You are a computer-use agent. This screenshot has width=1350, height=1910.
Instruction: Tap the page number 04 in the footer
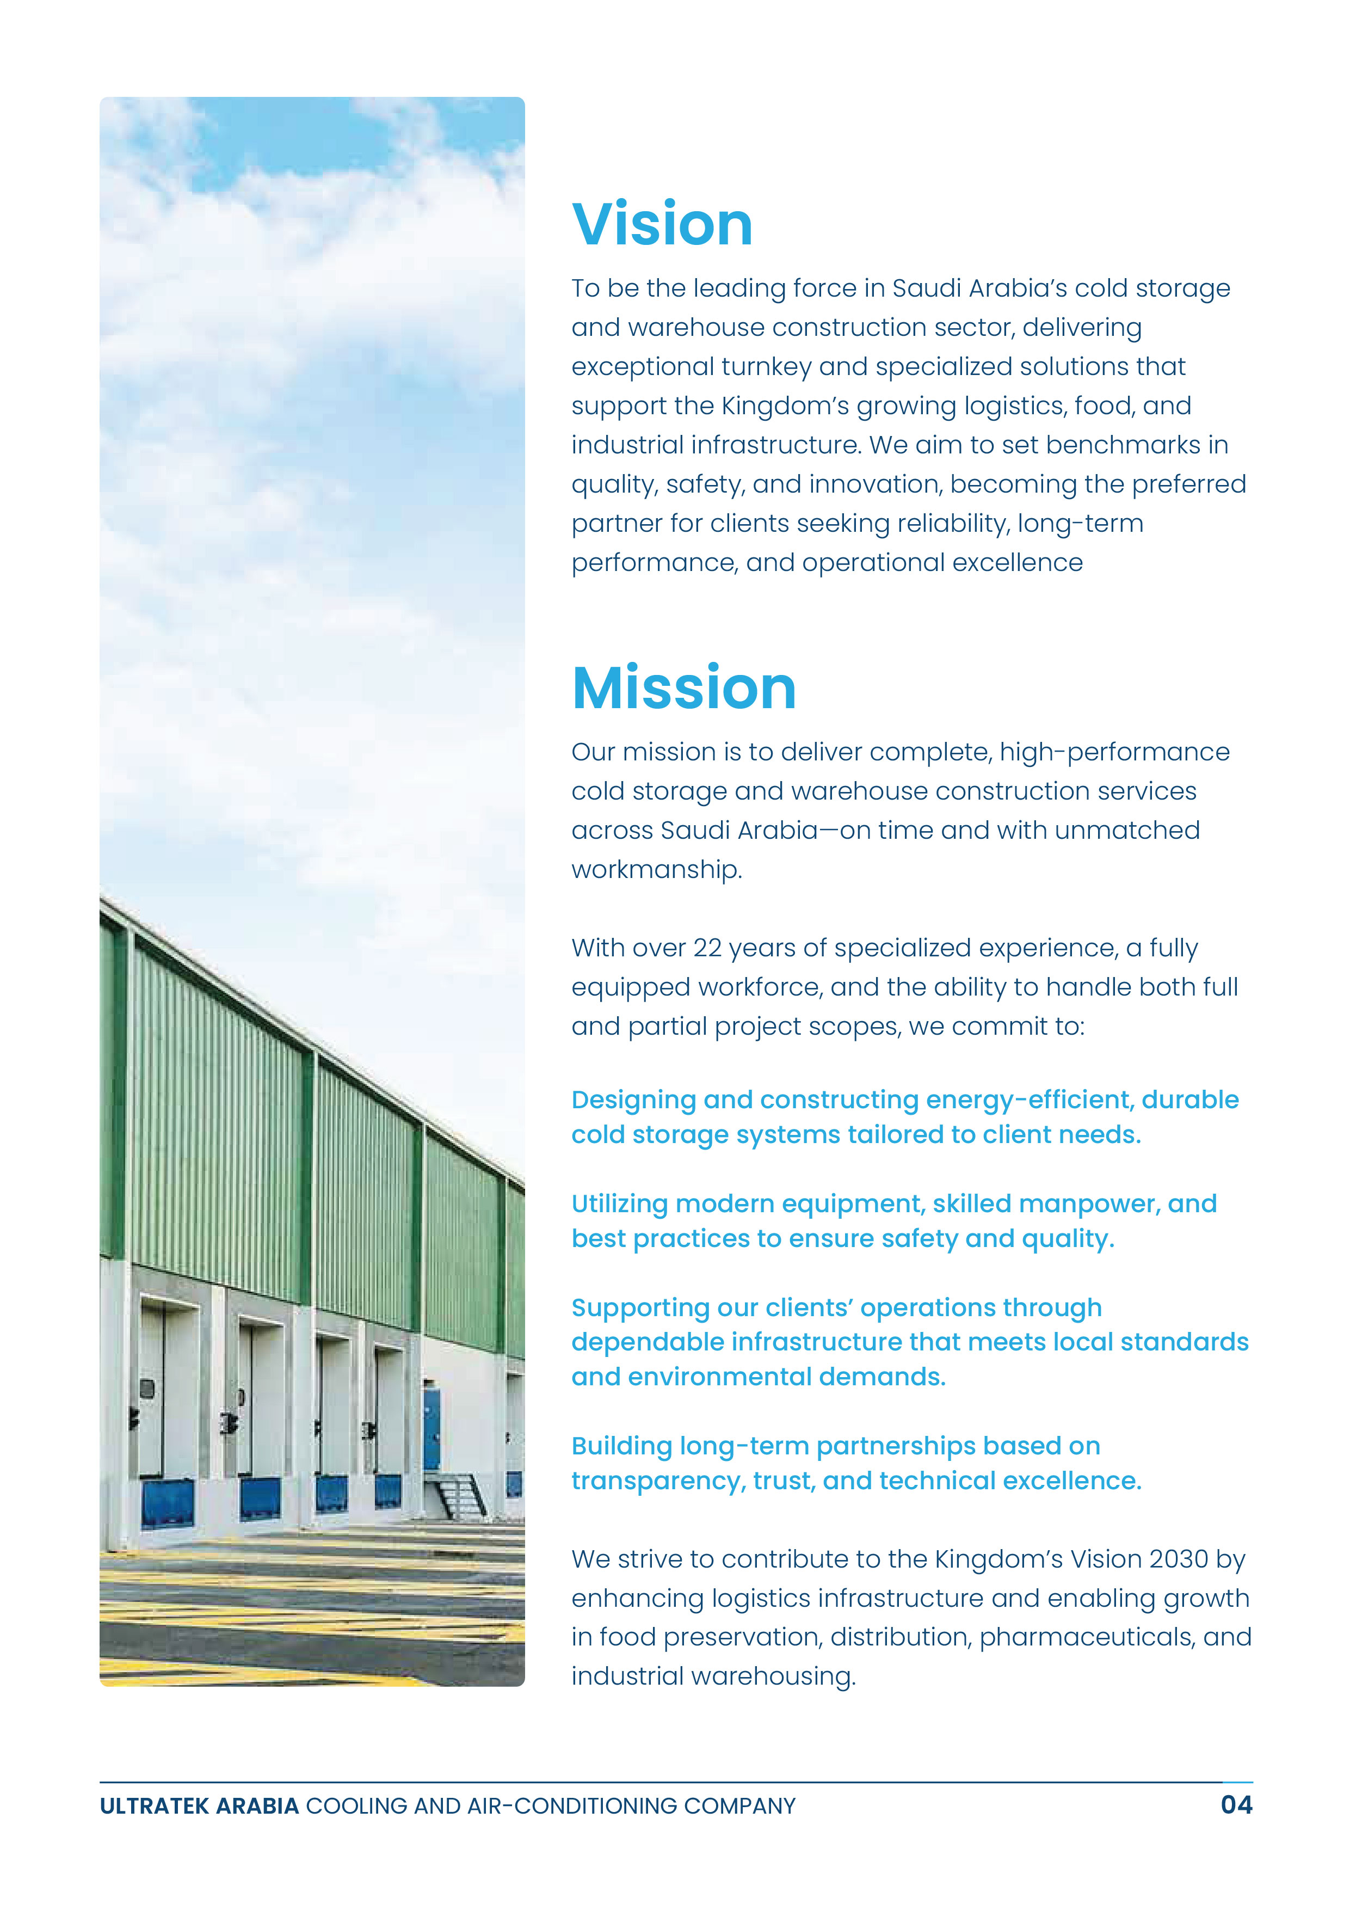click(x=1236, y=1804)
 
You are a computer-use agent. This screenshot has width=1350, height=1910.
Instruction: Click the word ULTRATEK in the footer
click(x=154, y=1806)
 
